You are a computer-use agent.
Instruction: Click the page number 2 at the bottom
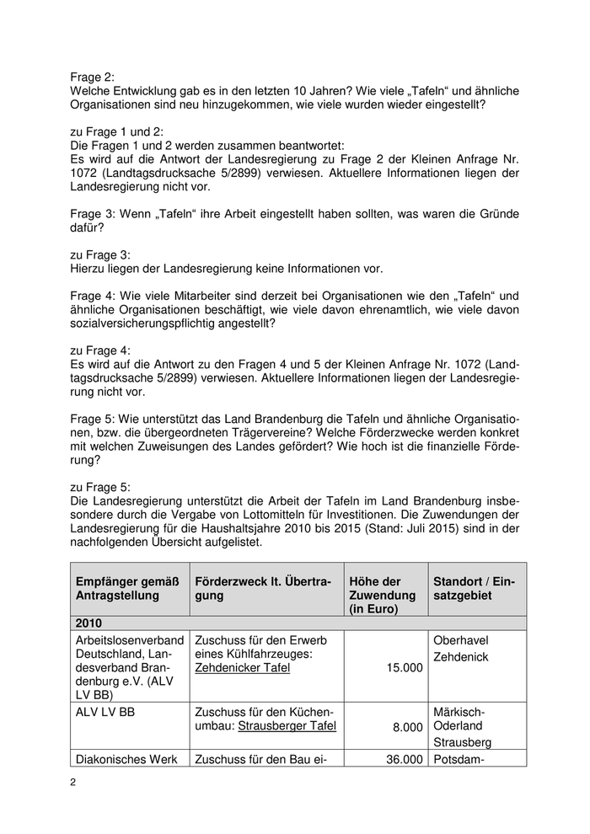[x=73, y=783]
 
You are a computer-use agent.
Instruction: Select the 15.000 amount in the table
[x=404, y=668]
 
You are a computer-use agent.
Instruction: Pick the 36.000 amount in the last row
[x=404, y=759]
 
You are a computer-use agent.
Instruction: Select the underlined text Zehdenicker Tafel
[x=242, y=668]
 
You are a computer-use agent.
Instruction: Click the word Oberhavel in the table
[x=460, y=640]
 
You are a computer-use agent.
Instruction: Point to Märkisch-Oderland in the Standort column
[x=463, y=719]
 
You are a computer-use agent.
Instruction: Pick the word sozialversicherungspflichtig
[x=154, y=323]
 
